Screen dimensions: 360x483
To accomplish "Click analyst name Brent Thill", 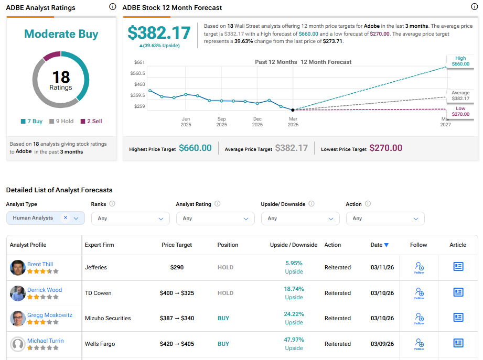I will coord(40,264).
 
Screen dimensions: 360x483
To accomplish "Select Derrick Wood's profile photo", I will coord(18,293).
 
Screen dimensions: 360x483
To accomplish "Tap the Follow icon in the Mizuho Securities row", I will coord(419,318).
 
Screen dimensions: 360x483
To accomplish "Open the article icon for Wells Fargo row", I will coord(458,343).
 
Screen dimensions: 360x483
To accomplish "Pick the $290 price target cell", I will coord(177,267).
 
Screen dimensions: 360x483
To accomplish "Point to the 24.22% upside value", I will coord(294,314).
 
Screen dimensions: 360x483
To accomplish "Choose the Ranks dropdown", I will coord(130,219).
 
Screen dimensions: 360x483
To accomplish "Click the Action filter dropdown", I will coord(385,219).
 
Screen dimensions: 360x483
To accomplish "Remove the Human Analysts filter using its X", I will coord(65,217).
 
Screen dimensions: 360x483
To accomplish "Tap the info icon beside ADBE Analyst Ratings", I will coord(112,7).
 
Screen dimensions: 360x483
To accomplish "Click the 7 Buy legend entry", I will coord(31,121).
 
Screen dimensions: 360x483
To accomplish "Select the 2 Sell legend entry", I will coord(91,121).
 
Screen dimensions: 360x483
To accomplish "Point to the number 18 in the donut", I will coord(61,77).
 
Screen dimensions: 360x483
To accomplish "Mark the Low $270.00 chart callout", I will coord(460,112).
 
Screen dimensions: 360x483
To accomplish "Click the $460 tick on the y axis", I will coord(139,84).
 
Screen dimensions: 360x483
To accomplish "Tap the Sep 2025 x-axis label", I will coord(222,122).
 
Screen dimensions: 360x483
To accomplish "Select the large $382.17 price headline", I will coord(159,32).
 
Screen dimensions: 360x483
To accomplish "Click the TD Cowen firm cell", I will coord(98,293).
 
